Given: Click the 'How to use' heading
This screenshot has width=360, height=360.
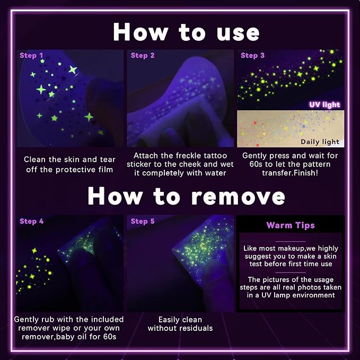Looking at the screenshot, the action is [x=186, y=32].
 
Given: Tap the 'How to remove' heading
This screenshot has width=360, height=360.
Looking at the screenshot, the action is [x=186, y=196].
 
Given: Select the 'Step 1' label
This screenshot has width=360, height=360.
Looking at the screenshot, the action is [x=31, y=55].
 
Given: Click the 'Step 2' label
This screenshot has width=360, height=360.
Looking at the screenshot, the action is [x=143, y=55].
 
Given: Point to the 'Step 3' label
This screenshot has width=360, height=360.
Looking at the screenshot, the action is [x=252, y=55].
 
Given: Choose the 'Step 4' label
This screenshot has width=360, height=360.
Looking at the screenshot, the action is [x=31, y=221].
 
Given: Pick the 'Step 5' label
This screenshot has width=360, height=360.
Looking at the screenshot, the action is [x=143, y=221].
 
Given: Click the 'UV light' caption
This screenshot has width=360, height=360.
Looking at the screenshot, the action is [x=324, y=104].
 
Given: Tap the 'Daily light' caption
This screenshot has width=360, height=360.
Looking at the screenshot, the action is [x=320, y=142].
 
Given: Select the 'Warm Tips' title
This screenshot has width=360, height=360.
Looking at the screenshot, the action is [x=291, y=225].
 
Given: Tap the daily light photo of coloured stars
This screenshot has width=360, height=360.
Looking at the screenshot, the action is [x=291, y=129].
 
